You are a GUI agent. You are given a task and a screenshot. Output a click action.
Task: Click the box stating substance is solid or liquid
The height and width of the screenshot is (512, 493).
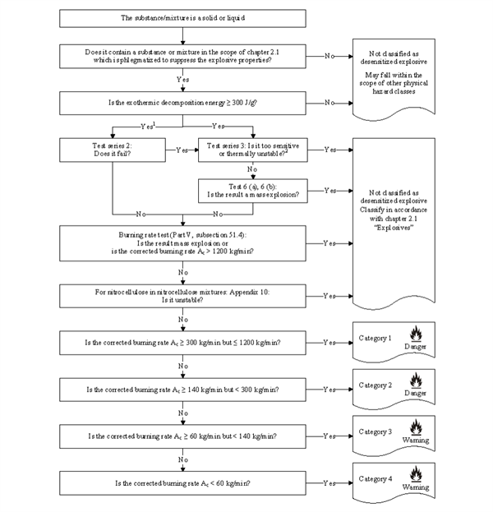(x=183, y=18)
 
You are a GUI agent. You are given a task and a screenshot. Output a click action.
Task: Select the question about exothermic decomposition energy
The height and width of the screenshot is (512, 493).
(x=183, y=103)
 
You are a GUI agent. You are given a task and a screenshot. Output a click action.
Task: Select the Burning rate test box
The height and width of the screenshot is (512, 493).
(x=183, y=243)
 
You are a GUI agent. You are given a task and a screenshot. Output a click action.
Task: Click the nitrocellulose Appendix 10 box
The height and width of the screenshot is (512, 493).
(x=183, y=295)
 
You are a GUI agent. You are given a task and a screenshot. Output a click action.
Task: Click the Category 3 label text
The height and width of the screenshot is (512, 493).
(x=376, y=431)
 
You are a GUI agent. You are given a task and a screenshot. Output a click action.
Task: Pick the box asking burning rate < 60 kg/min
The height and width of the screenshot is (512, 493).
(x=183, y=482)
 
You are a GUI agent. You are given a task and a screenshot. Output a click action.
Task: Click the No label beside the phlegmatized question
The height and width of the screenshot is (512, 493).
(x=329, y=56)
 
